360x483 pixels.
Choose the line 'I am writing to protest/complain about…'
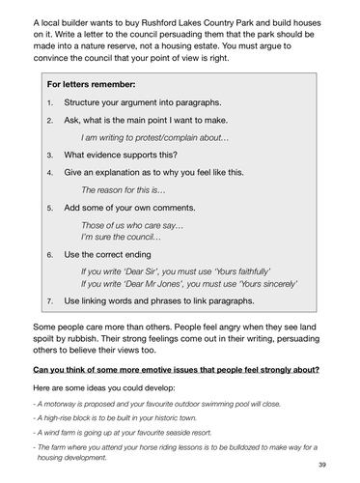[154, 137]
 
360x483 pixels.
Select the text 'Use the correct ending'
[109, 254]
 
